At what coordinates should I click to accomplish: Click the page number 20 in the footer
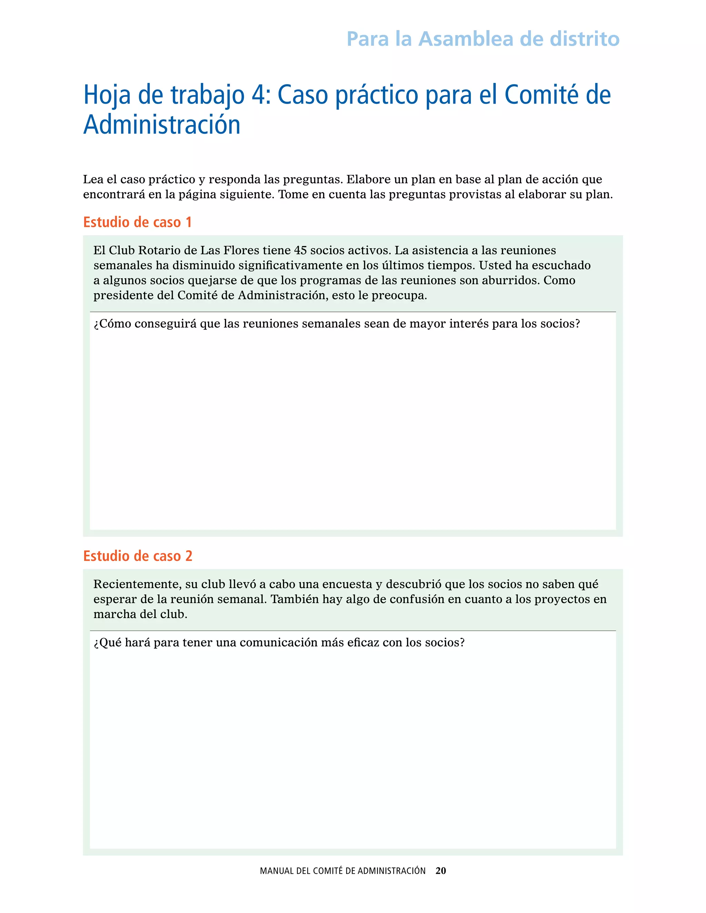coord(441,871)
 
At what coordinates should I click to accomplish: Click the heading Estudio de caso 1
coord(137,222)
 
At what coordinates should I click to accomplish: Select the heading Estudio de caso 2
coord(138,556)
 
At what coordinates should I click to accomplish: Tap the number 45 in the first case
coord(300,250)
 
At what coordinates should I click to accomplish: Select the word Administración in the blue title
coord(162,125)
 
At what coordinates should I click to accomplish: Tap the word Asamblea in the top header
coord(465,39)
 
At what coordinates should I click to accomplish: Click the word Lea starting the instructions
coord(92,179)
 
